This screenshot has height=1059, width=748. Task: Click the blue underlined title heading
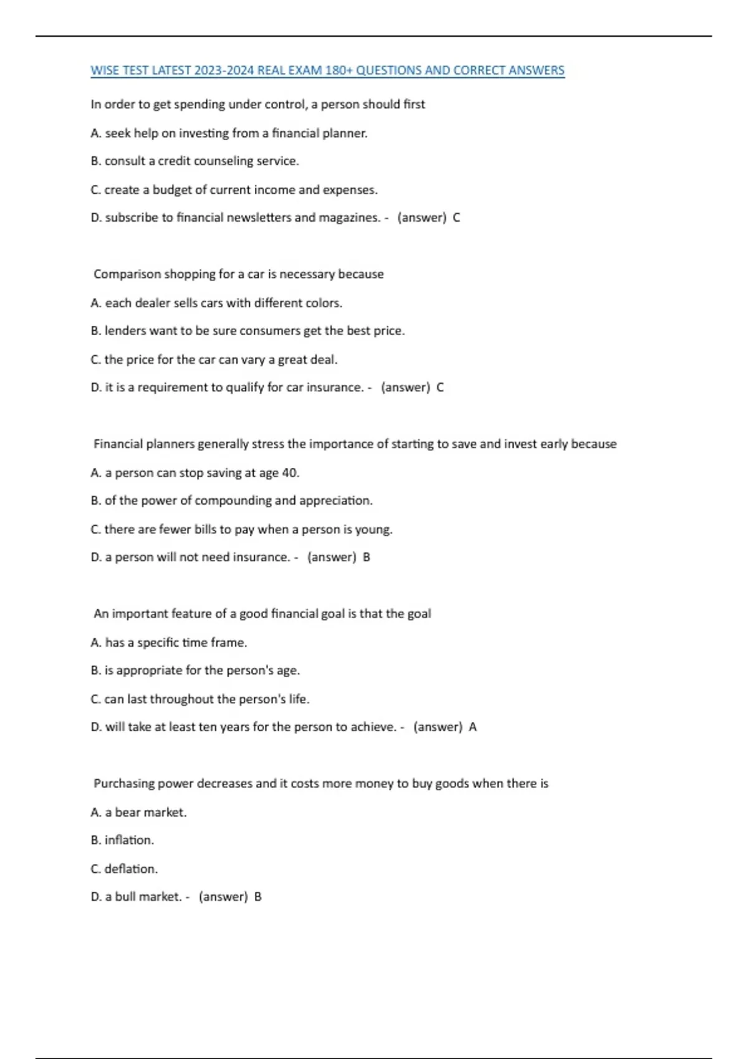pos(327,70)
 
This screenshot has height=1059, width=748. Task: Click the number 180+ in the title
pos(338,70)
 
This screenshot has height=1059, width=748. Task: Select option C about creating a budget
pos(234,189)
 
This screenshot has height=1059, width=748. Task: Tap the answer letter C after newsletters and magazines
pos(456,217)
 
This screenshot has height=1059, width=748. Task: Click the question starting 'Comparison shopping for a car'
pos(238,274)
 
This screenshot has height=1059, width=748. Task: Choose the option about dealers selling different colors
pos(216,303)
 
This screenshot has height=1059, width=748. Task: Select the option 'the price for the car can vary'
pos(214,359)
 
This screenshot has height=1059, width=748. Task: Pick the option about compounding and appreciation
pos(231,501)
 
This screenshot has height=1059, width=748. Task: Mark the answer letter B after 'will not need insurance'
pos(367,557)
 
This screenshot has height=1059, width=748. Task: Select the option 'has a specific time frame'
pos(168,642)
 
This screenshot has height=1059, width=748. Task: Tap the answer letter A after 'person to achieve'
pos(472,727)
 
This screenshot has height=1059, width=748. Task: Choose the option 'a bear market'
pos(138,812)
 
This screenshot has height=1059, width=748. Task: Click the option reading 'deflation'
pos(124,868)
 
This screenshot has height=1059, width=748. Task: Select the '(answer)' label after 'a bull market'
pos(223,897)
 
